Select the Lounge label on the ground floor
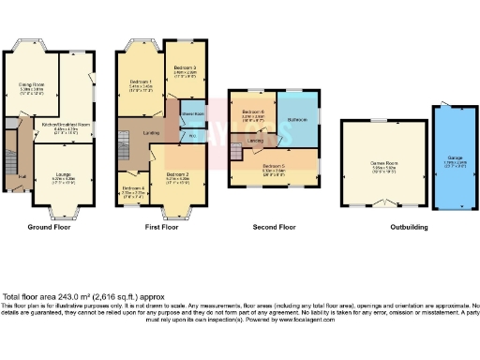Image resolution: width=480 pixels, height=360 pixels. [x=64, y=173]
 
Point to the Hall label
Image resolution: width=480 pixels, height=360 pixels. [x=22, y=173]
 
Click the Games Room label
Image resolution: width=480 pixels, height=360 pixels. [x=380, y=163]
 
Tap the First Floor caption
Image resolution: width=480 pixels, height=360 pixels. [x=161, y=226]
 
